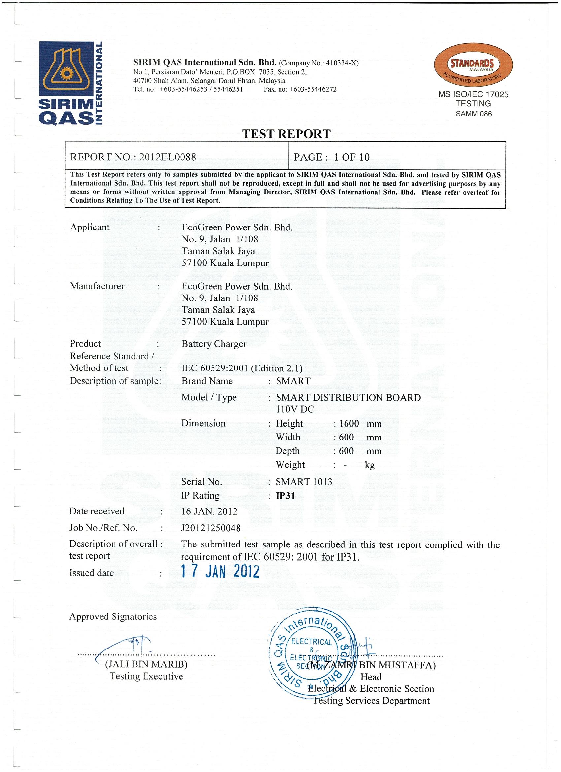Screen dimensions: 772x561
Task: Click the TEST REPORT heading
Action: (x=286, y=134)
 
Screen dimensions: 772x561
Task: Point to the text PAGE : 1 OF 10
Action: (x=331, y=157)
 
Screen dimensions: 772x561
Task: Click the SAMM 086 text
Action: (x=474, y=114)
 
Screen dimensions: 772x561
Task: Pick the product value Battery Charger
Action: (x=214, y=344)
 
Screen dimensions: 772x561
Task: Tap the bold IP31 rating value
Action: (x=285, y=496)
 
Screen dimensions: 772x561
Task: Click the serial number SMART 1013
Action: (x=304, y=482)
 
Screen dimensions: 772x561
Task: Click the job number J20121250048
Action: (x=211, y=528)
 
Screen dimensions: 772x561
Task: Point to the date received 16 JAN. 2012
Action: (x=209, y=511)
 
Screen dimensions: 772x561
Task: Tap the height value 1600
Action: (x=349, y=423)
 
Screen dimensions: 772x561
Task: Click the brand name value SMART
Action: (x=293, y=381)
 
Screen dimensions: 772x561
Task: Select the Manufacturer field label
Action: (x=97, y=286)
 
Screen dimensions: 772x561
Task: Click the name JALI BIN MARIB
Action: (x=146, y=664)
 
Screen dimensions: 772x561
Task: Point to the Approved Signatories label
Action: (x=113, y=617)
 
